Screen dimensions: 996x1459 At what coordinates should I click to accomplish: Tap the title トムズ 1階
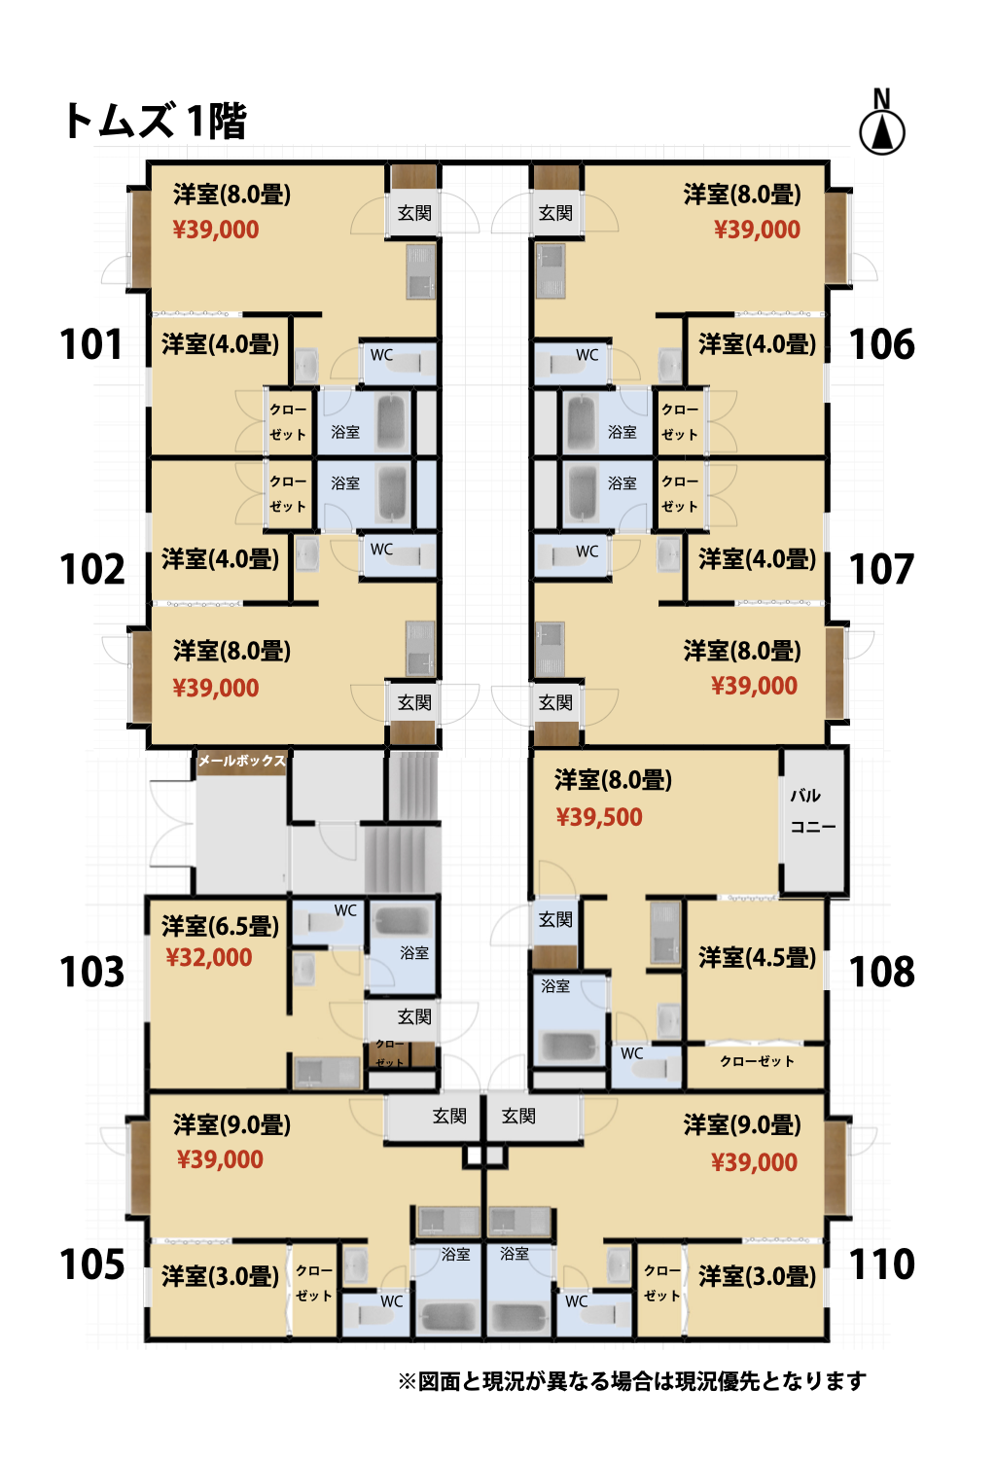click(x=155, y=122)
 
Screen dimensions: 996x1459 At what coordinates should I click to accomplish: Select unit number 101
click(x=91, y=344)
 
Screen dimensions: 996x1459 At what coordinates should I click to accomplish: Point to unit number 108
click(x=881, y=972)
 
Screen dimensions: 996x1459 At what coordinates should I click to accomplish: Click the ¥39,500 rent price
click(x=599, y=817)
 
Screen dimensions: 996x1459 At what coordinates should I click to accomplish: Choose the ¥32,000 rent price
click(x=208, y=957)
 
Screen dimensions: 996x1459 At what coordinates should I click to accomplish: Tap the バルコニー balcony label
click(x=812, y=811)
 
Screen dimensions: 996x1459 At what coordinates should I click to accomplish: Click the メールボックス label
click(x=242, y=760)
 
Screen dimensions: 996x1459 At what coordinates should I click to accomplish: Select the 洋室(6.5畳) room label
click(x=220, y=926)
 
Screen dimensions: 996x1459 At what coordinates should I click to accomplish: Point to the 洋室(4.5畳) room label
click(x=757, y=957)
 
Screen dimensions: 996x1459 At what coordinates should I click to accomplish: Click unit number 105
click(x=91, y=1264)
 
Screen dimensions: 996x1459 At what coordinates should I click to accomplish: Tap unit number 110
click(x=881, y=1264)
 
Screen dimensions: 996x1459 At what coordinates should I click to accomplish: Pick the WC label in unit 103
click(x=345, y=909)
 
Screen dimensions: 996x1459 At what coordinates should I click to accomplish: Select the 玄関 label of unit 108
click(x=555, y=919)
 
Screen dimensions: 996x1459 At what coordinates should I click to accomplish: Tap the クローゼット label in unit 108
click(x=757, y=1061)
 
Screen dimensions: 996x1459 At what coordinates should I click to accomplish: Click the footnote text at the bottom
click(x=632, y=1380)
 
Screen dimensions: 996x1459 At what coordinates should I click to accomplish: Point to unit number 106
click(x=881, y=344)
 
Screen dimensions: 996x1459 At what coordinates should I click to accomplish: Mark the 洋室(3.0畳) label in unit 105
click(x=220, y=1276)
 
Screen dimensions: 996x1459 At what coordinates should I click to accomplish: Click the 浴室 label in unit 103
click(x=414, y=953)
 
